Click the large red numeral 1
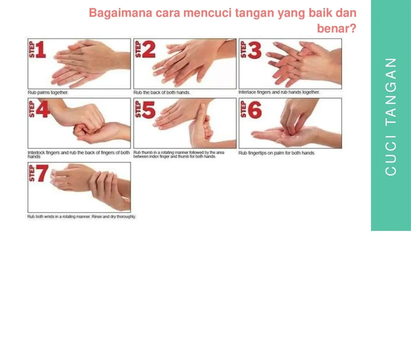[41, 49]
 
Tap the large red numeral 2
[149, 49]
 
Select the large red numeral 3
[255, 50]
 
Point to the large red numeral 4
[43, 109]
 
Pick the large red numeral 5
[149, 110]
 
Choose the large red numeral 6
[255, 110]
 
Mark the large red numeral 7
[42, 173]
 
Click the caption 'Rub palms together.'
[48, 92]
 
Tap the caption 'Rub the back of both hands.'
[162, 92]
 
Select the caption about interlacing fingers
[279, 92]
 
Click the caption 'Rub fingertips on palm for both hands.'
[277, 153]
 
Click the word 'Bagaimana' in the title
[120, 13]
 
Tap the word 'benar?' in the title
[336, 28]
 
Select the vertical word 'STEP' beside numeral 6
[243, 109]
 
